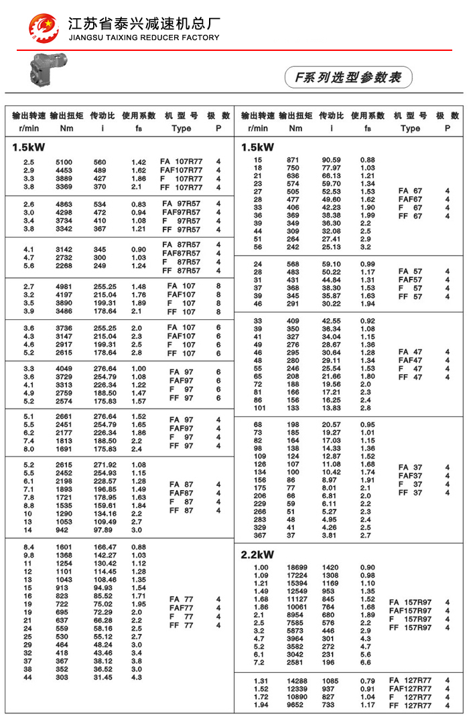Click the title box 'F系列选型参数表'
pos(348,77)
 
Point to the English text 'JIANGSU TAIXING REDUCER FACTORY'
pos(144,37)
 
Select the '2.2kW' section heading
pos(257,554)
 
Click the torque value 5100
pos(63,162)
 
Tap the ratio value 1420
pos(331,568)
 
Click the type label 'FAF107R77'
pos(181,171)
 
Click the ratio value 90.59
pos(331,160)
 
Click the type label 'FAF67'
pos(410,200)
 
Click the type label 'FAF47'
pos(410,360)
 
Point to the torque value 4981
pos(63,287)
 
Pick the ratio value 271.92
pos(103,465)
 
